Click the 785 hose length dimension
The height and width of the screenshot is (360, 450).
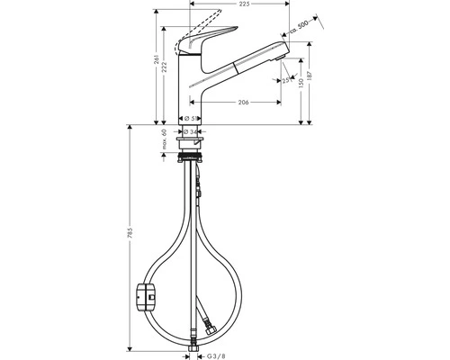pos(131,239)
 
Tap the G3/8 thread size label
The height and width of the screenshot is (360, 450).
pos(206,354)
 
